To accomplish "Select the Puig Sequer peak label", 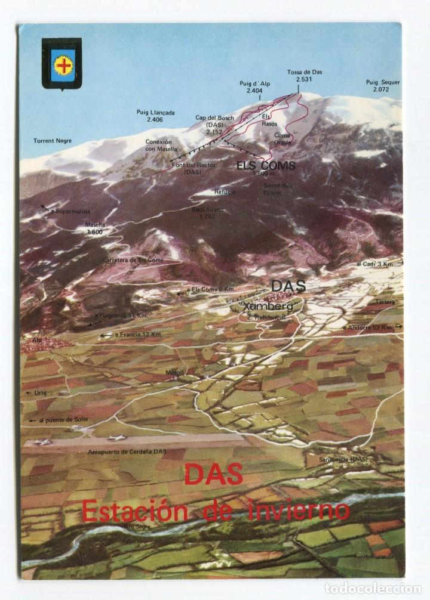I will click(x=383, y=86).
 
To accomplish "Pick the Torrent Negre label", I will click(x=53, y=141).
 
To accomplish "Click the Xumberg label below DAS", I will click(x=273, y=307).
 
